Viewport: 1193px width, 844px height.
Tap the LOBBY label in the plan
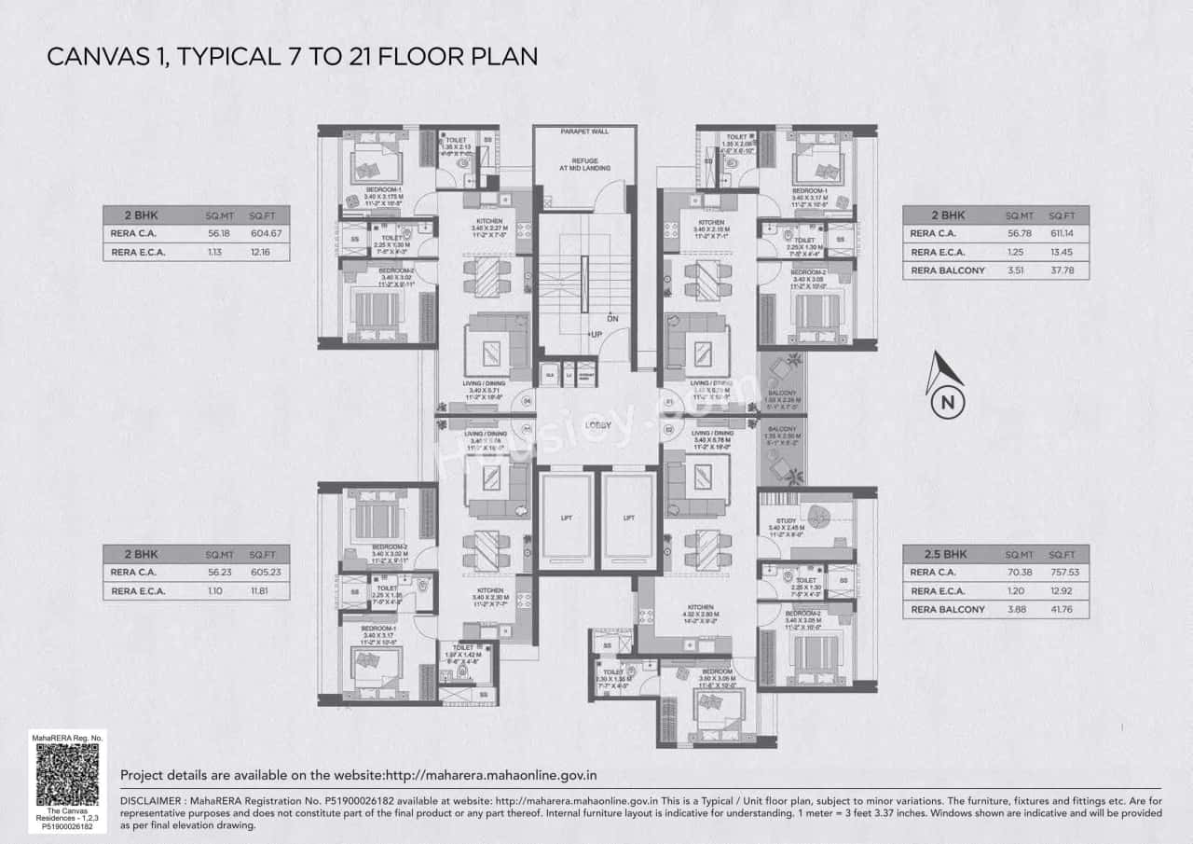click(x=597, y=426)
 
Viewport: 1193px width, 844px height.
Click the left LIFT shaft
click(x=566, y=518)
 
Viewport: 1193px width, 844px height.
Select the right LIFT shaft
click(x=628, y=518)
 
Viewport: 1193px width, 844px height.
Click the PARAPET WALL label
click(x=583, y=132)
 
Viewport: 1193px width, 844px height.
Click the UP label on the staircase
click(x=594, y=334)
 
